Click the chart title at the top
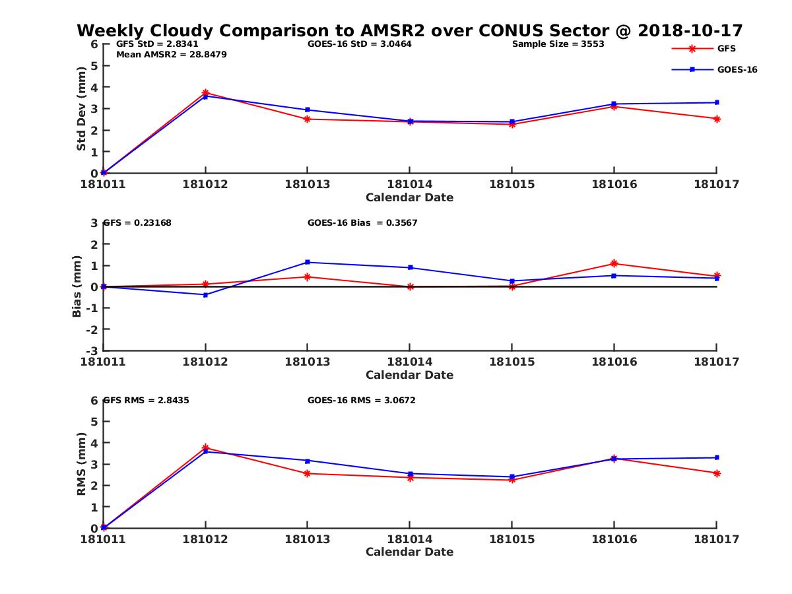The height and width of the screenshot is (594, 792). pos(409,31)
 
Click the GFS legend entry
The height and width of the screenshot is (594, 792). pos(726,48)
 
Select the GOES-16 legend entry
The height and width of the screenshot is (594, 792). pos(737,69)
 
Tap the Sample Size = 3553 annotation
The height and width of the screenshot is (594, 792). pos(558,44)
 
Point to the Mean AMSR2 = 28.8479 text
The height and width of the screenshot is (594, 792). pos(171,55)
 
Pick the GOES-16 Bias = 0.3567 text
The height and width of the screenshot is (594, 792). pos(362,223)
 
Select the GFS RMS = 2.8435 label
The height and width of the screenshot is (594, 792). pos(147,400)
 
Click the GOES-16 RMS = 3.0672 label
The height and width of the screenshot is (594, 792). pos(361,400)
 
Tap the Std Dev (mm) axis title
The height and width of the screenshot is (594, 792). pos(81,109)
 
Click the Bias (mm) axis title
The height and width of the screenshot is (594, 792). pos(77,287)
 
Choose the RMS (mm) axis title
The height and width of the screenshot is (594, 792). pos(81,464)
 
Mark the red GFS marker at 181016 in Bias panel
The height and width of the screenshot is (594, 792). pos(614,264)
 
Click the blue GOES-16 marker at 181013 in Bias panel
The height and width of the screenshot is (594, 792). pos(308,263)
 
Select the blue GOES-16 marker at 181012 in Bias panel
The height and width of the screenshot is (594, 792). pos(205,295)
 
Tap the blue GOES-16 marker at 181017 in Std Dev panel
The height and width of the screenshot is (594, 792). pos(717,102)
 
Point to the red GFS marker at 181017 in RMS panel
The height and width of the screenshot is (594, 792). pos(717,473)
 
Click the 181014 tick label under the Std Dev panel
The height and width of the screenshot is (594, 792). pos(409,184)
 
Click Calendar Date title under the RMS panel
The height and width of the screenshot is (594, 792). pos(409,552)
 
